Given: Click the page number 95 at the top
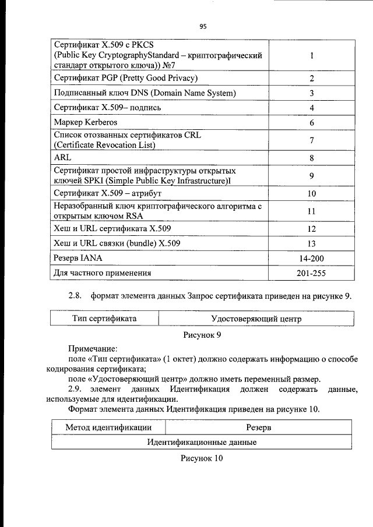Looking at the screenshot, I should [203, 26].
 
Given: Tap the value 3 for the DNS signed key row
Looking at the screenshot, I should [312, 93].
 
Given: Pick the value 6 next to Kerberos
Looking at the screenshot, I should [312, 123].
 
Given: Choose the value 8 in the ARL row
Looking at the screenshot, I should [312, 157].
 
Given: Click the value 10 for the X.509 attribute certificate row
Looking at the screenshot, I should [312, 193].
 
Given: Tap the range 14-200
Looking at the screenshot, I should [312, 257].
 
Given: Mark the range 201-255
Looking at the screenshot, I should [312, 273].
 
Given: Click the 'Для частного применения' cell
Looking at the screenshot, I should [103, 273].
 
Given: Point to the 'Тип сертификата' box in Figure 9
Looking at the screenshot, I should [104, 319].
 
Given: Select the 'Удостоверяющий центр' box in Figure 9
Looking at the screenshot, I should [256, 319].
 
